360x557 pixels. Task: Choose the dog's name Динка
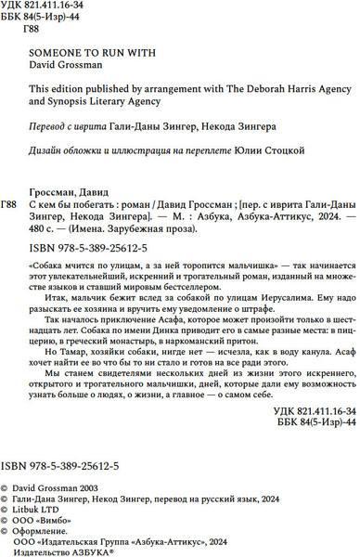[x=161, y=355]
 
